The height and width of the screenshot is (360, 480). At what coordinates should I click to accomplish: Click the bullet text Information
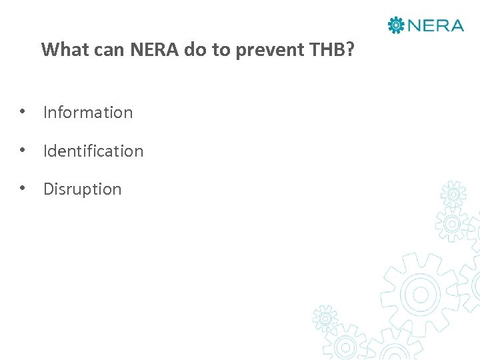click(x=88, y=113)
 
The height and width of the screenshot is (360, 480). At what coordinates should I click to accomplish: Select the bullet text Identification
click(x=93, y=151)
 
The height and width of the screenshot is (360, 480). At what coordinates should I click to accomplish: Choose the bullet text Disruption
click(x=83, y=189)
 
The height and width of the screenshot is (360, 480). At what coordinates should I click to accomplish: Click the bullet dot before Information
click(x=23, y=112)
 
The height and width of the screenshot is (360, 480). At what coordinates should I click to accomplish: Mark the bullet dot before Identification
click(x=23, y=151)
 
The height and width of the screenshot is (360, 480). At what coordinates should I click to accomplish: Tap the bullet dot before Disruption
click(x=23, y=189)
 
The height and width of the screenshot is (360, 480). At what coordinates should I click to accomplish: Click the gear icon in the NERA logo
click(x=396, y=25)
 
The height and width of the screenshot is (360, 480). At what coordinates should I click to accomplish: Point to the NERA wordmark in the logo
click(x=435, y=25)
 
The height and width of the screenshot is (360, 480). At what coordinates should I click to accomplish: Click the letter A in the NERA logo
click(x=456, y=25)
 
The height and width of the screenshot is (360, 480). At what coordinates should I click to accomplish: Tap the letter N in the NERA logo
click(x=413, y=25)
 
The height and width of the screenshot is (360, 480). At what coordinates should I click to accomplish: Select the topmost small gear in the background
click(x=454, y=194)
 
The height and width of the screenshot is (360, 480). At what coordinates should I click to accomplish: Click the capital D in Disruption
click(x=48, y=189)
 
